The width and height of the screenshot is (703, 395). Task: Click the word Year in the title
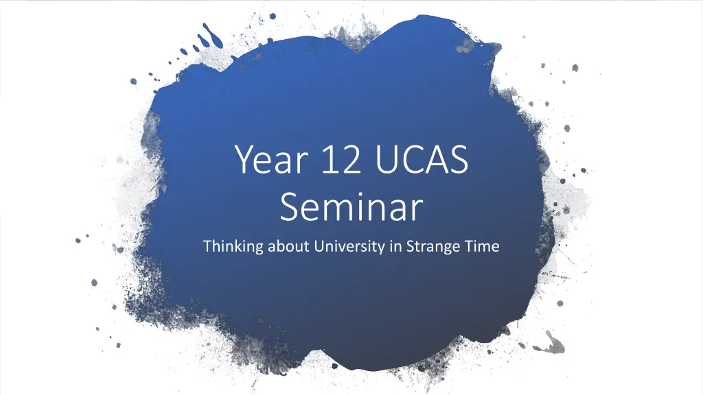(x=271, y=159)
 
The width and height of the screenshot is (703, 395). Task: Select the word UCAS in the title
(x=422, y=159)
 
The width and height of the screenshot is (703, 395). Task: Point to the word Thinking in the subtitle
(x=233, y=247)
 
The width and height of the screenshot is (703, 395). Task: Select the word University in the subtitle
(x=349, y=247)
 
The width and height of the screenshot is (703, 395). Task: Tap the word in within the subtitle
(x=395, y=246)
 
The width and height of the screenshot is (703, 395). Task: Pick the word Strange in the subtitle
(x=430, y=247)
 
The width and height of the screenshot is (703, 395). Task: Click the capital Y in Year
(x=245, y=159)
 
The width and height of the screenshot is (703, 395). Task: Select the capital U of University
(x=320, y=246)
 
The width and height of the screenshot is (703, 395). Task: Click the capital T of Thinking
(x=208, y=246)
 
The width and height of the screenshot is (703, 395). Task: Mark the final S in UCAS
(x=459, y=159)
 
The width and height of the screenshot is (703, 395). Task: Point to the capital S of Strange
(x=411, y=246)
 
